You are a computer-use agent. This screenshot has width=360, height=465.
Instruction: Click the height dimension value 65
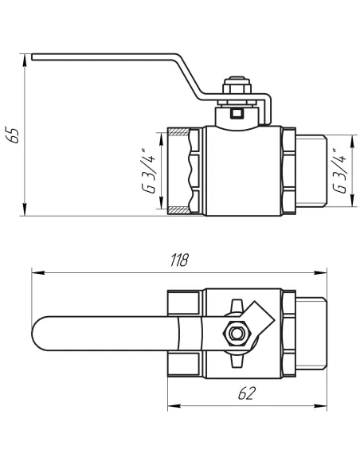point(11,135)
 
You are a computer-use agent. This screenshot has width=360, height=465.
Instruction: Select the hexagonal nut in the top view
point(237,333)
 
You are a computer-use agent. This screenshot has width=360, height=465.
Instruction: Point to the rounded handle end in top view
point(44,333)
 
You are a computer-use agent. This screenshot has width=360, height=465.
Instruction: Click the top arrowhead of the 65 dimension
point(26,58)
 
